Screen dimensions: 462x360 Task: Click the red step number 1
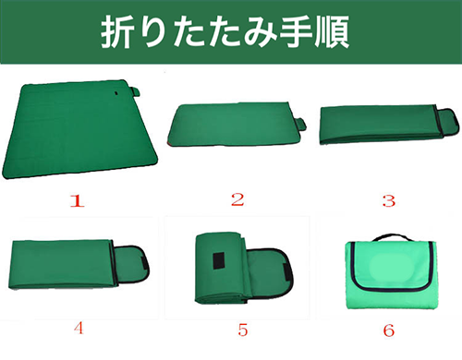click(x=77, y=200)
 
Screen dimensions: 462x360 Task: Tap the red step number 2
click(x=237, y=199)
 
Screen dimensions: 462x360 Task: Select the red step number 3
click(x=389, y=200)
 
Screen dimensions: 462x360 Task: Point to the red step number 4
click(x=79, y=328)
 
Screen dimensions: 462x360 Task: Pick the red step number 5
click(x=243, y=330)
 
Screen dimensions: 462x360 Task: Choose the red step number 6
click(x=389, y=330)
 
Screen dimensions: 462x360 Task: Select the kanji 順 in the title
click(x=332, y=32)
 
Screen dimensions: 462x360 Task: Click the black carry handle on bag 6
click(x=392, y=237)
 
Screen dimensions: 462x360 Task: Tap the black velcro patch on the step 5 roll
click(x=219, y=260)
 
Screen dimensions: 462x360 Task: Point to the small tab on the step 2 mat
click(x=301, y=123)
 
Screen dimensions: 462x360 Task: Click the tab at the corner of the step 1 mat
click(x=135, y=91)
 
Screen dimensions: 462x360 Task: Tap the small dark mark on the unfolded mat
click(x=116, y=92)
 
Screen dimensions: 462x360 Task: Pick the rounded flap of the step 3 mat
click(x=448, y=122)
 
